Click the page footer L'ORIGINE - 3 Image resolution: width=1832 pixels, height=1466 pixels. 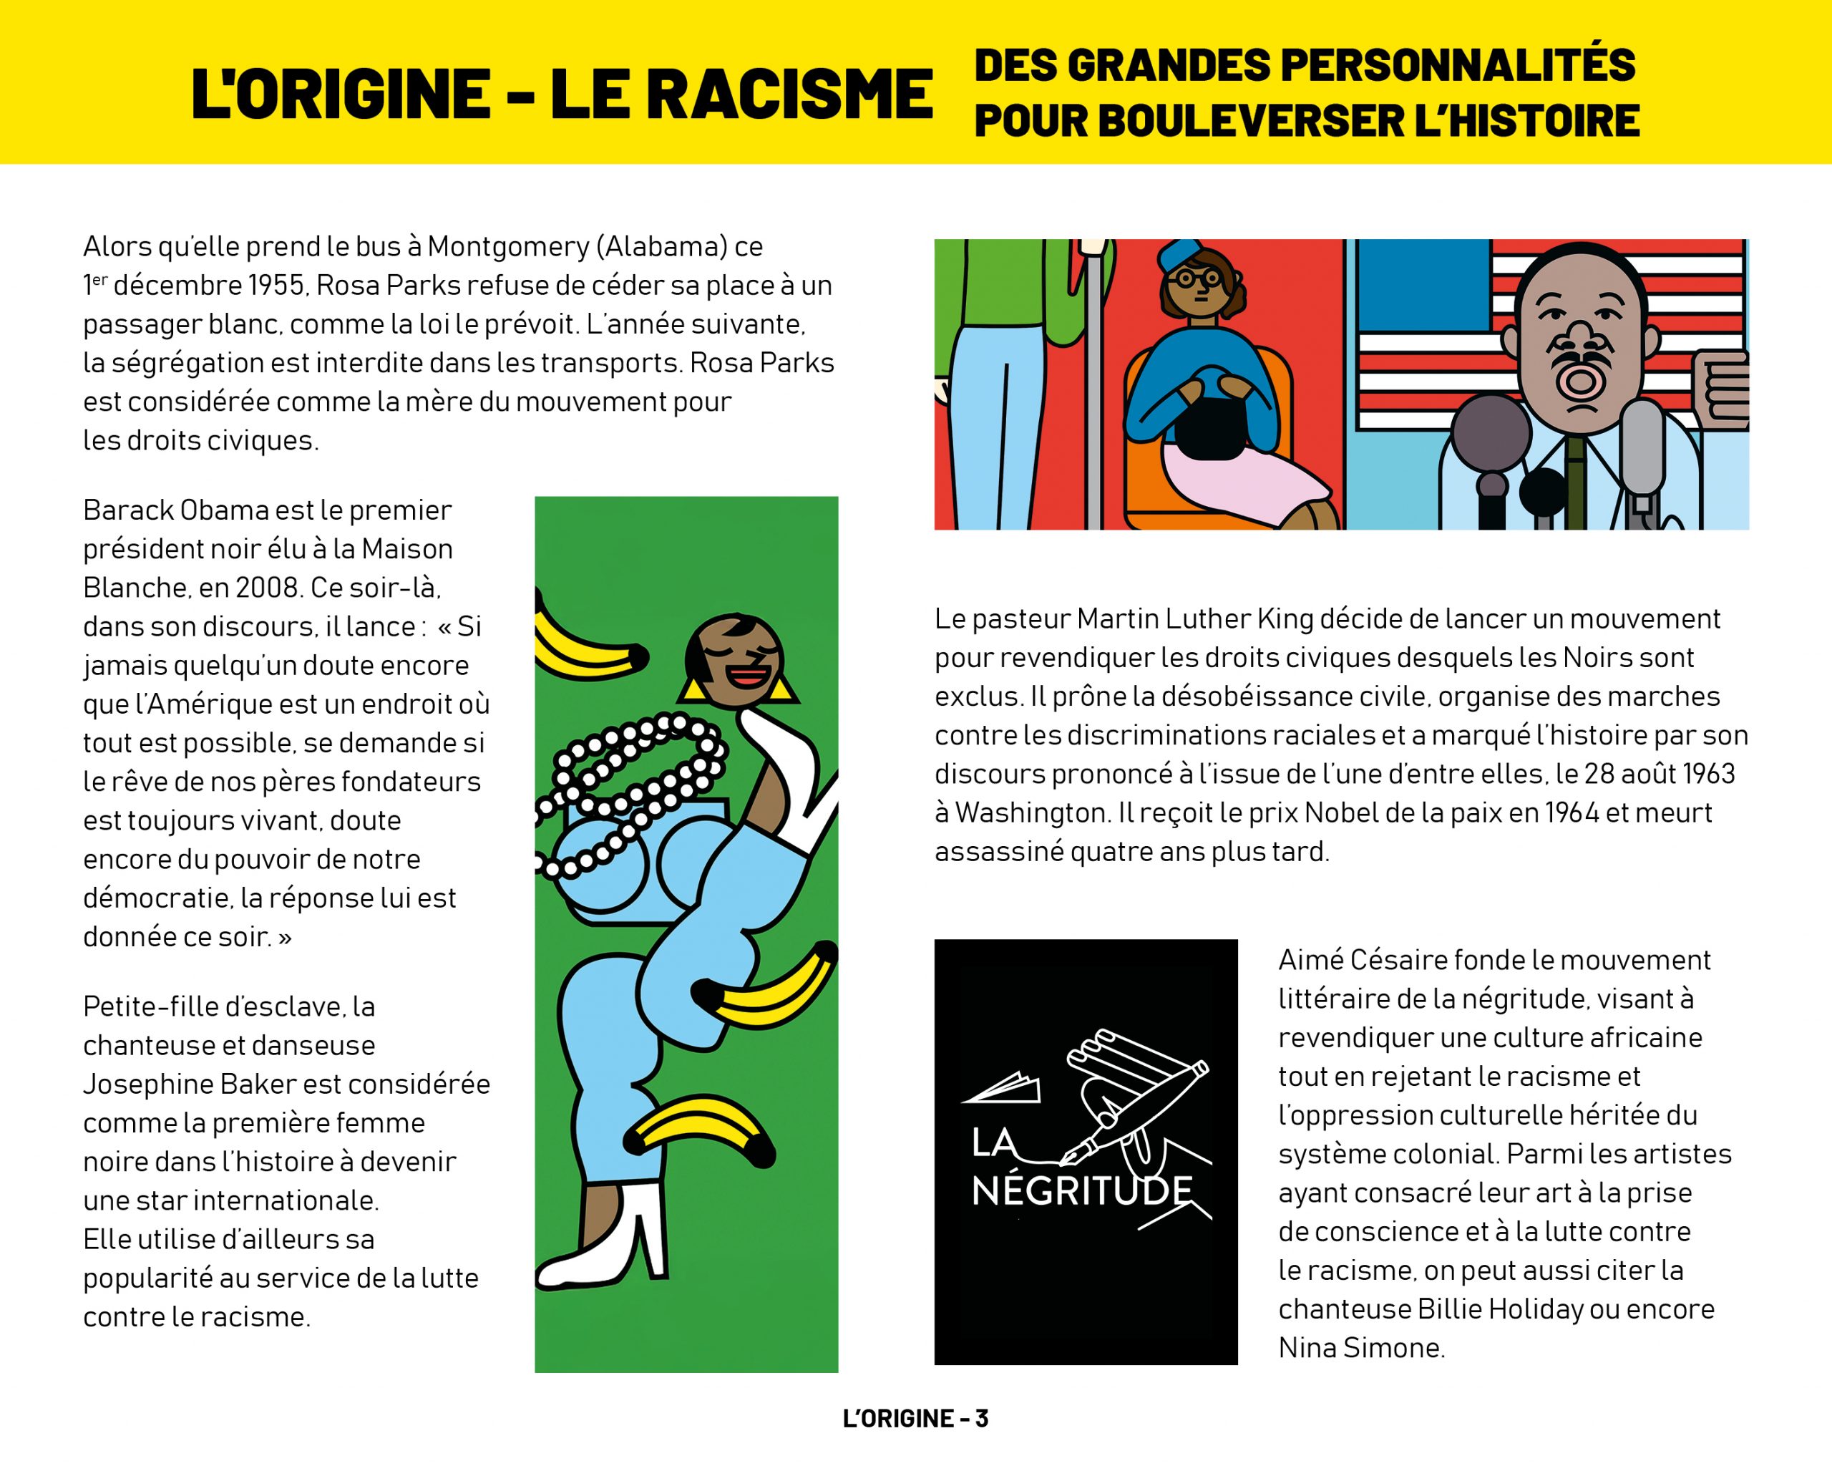point(915,1419)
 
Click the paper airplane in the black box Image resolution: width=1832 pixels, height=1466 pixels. point(1003,1089)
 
